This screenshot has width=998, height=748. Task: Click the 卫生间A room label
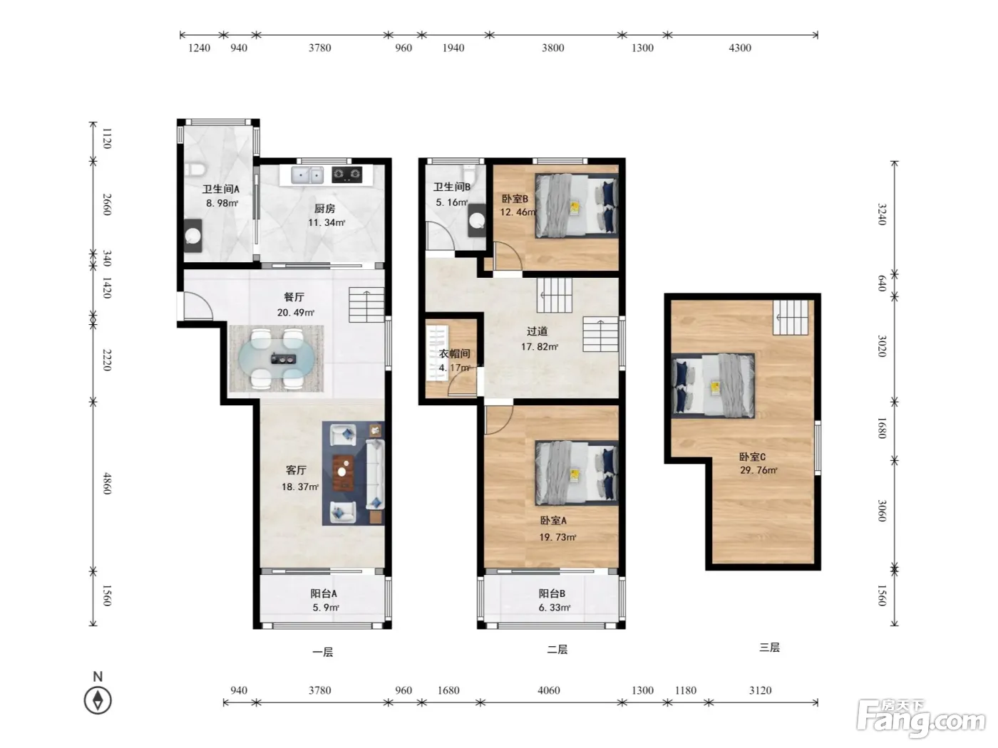[x=220, y=189]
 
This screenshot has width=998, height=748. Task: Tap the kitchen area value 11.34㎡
[x=326, y=222]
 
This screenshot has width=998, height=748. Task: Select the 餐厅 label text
[x=294, y=297]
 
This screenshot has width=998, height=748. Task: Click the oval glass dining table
[x=277, y=359]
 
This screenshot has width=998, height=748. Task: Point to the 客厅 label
[x=296, y=470]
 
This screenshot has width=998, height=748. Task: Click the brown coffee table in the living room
[x=344, y=473]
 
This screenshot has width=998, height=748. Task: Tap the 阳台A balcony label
[x=324, y=593]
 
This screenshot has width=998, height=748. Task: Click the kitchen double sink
[x=307, y=175]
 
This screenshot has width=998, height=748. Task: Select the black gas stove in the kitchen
[x=347, y=175]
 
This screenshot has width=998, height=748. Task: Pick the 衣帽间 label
[x=454, y=353]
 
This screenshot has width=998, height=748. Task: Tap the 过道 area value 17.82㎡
[x=539, y=346]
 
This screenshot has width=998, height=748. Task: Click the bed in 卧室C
[x=713, y=386]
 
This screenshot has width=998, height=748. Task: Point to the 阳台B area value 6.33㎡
[x=554, y=608]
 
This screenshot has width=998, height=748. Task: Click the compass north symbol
[x=98, y=700]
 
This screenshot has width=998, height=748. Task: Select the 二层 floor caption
[x=557, y=650]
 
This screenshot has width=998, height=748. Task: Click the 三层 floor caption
[x=769, y=648]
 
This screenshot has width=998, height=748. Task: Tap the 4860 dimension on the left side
[x=107, y=483]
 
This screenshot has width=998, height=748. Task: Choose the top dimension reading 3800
[x=553, y=48]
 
